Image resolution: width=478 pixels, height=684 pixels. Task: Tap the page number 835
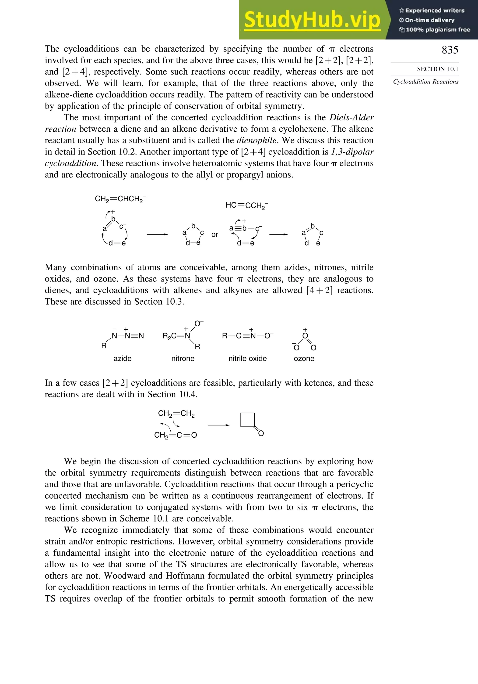click(x=450, y=50)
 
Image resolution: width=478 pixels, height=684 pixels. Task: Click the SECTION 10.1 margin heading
click(x=437, y=69)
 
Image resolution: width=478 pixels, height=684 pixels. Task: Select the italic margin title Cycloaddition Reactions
click(x=426, y=82)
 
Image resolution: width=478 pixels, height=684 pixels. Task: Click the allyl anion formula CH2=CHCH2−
click(x=120, y=199)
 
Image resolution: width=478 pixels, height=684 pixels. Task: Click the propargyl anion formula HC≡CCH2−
click(x=246, y=205)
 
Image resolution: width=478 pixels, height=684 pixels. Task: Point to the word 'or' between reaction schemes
click(x=215, y=235)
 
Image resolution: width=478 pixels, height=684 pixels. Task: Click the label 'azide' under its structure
click(x=122, y=358)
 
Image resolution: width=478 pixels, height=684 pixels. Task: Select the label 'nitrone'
click(x=183, y=358)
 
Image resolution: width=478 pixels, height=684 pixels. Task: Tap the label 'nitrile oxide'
click(x=247, y=358)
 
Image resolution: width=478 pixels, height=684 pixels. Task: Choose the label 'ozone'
click(x=304, y=358)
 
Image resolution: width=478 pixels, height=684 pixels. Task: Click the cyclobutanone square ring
click(x=247, y=420)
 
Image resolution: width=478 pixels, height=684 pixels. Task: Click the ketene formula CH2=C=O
click(x=176, y=435)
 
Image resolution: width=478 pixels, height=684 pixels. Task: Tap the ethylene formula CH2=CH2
click(x=176, y=414)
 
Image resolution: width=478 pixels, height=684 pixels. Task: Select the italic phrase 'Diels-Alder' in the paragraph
click(x=351, y=117)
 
